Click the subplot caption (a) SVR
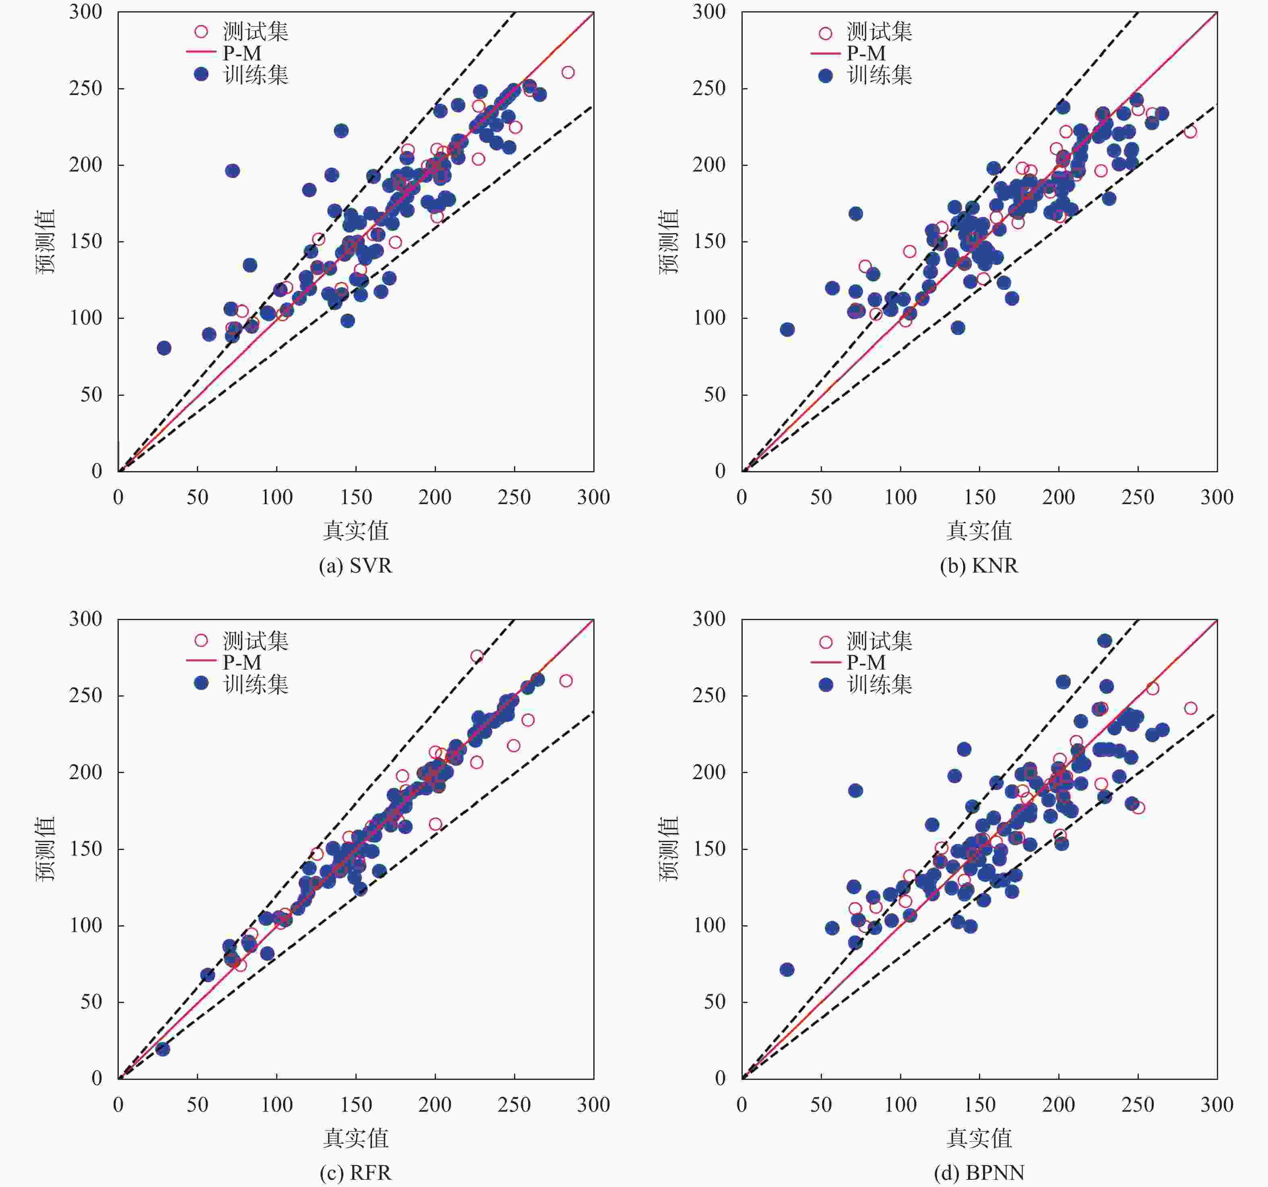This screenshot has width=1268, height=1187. [355, 566]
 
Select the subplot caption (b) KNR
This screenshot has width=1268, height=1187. [979, 566]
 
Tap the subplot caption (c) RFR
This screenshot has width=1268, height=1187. [355, 1173]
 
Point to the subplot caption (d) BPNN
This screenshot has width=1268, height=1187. [979, 1173]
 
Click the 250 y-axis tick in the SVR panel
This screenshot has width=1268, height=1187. [85, 88]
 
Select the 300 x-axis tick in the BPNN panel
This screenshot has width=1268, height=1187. [1216, 1104]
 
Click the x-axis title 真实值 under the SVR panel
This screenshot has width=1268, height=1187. [355, 530]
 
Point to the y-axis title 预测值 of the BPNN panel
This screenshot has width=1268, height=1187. [669, 848]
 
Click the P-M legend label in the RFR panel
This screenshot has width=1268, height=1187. [242, 662]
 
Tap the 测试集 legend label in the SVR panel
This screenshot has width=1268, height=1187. [255, 31]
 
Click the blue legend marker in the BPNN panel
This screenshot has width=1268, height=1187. [825, 684]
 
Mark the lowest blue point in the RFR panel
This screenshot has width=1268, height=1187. [163, 1048]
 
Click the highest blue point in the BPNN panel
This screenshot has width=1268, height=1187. [1105, 640]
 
